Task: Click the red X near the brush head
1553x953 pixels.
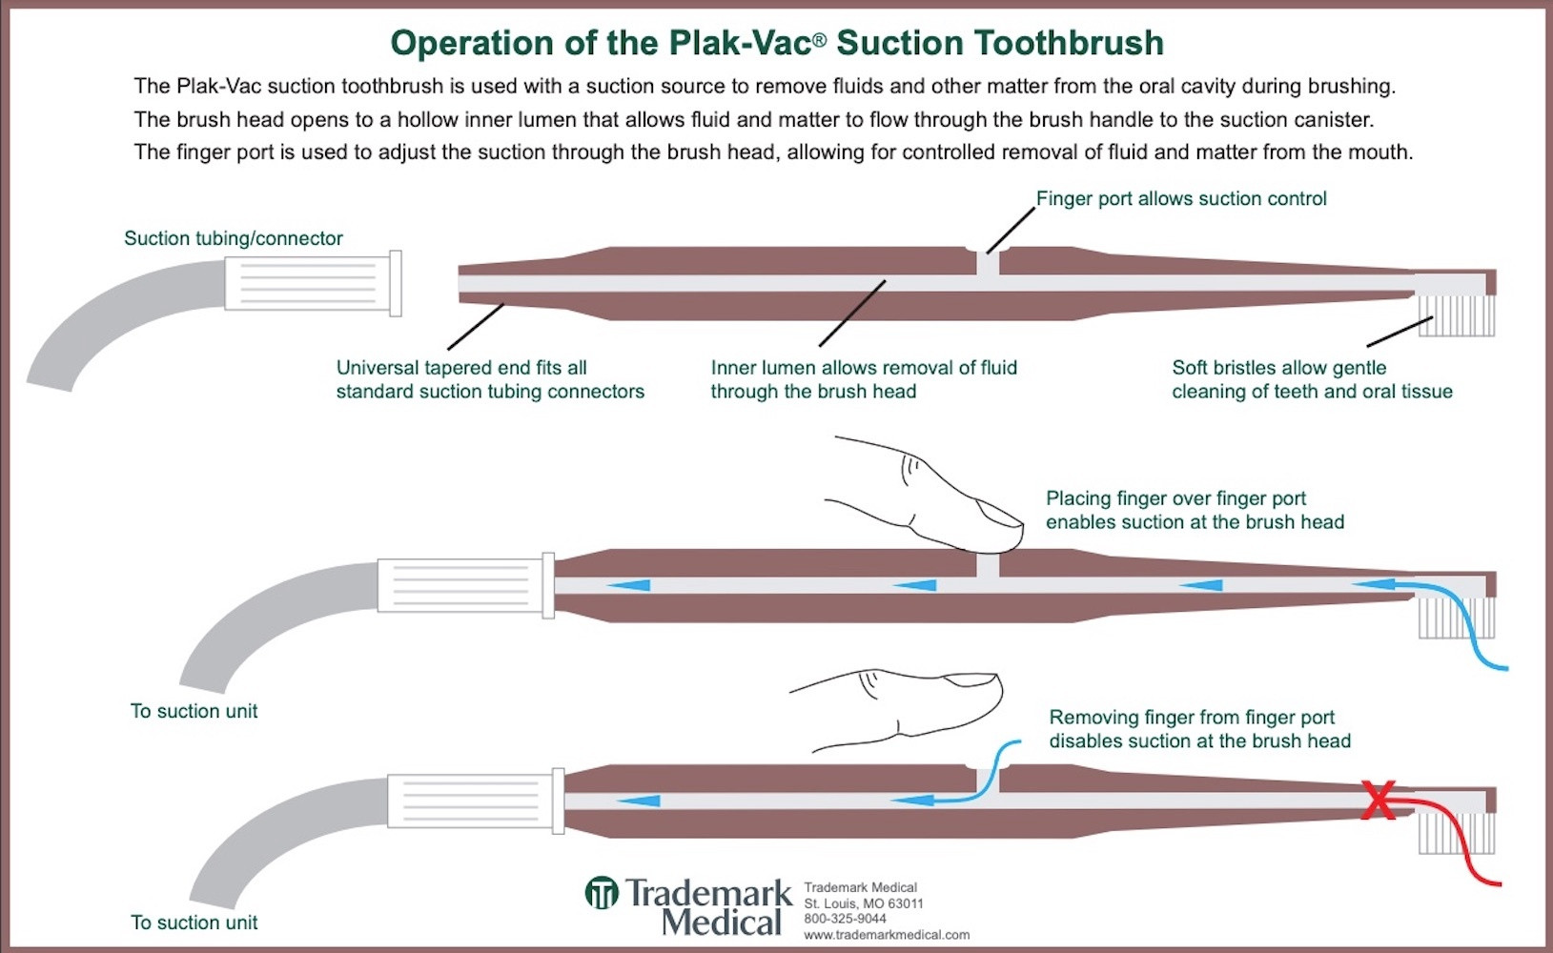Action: (1379, 801)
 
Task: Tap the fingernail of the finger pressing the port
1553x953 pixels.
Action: (1001, 516)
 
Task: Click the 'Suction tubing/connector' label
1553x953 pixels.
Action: (233, 238)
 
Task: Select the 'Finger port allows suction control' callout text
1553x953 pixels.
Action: (1181, 198)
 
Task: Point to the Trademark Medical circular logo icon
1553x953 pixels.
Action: (602, 893)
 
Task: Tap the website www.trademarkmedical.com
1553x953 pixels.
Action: (887, 935)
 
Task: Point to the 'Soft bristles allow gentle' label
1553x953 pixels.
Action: (1278, 368)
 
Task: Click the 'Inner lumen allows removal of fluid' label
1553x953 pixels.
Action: (864, 368)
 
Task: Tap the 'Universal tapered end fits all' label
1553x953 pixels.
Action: (461, 368)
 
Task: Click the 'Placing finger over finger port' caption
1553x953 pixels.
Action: (1175, 498)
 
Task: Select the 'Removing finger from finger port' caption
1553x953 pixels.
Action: (1192, 718)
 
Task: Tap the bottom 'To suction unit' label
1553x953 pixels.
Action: (194, 923)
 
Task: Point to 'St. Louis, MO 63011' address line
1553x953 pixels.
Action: (863, 903)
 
